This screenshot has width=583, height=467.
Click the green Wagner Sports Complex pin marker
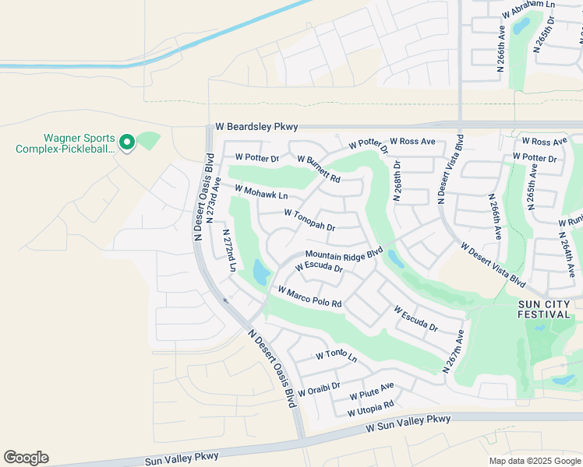click(x=126, y=142)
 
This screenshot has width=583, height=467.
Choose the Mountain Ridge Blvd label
click(x=344, y=255)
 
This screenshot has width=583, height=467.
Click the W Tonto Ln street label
click(x=336, y=356)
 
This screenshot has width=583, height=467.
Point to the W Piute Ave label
click(x=372, y=388)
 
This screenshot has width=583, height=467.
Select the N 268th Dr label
click(x=397, y=181)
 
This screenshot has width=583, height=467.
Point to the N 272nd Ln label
click(x=229, y=250)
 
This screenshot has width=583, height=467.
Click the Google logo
click(x=26, y=458)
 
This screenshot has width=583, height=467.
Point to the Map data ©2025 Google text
click(x=534, y=461)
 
